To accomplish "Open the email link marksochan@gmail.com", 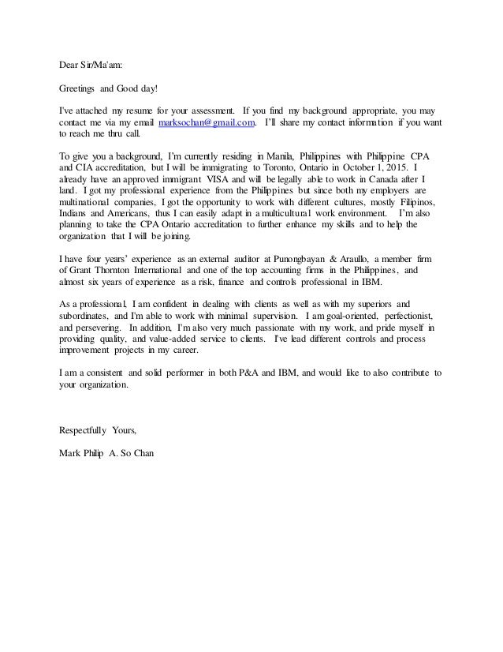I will [207, 124].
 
